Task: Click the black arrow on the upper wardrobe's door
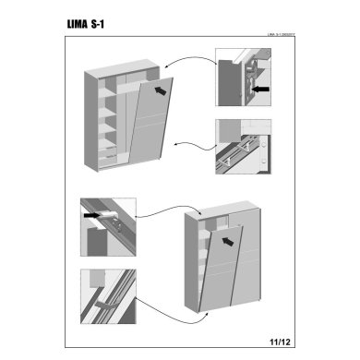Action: coord(162,90)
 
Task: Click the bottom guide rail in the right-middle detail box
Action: coord(242,152)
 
